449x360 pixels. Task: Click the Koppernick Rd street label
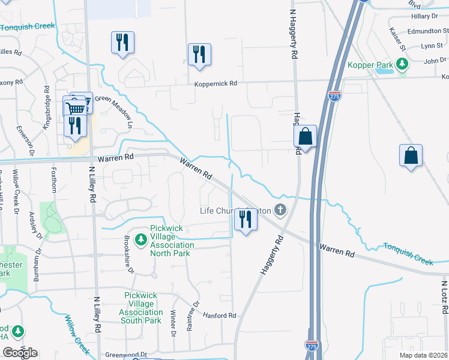215,84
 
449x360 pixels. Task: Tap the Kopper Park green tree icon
402,64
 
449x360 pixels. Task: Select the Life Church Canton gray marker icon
279,210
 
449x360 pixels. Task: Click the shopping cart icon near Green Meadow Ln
75,109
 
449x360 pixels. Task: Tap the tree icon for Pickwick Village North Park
141,240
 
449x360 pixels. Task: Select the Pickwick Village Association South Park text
143,308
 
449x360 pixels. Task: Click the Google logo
20,352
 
